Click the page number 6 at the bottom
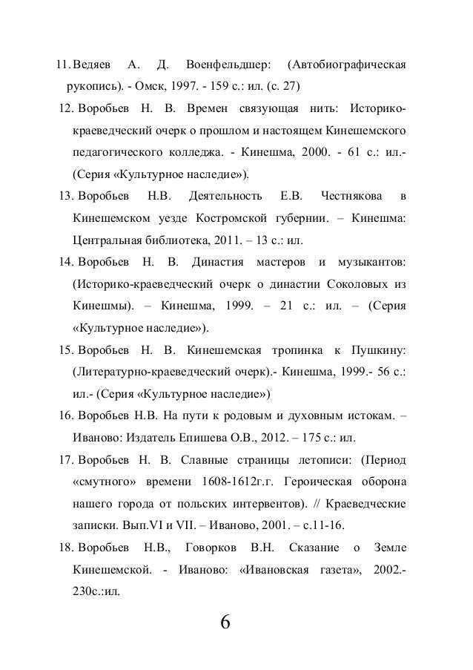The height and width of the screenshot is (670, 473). tap(225, 620)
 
